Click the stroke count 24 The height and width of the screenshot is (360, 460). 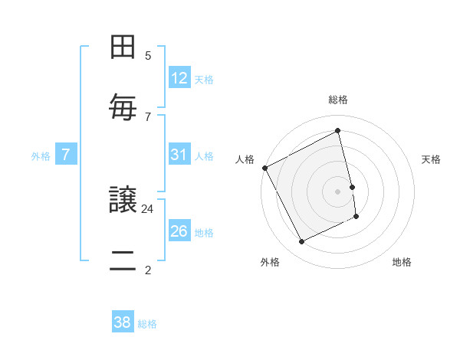[148, 208]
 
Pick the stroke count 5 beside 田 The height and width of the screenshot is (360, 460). [148, 55]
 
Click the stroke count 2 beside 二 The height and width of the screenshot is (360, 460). [148, 270]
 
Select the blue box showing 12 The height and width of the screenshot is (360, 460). [179, 78]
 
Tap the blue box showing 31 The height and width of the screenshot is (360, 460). [179, 155]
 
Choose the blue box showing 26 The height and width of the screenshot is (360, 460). [179, 231]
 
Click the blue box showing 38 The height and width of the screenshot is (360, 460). [123, 322]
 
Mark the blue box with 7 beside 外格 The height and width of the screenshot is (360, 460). [66, 155]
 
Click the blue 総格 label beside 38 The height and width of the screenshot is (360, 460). [147, 324]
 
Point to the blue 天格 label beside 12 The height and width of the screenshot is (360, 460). [204, 80]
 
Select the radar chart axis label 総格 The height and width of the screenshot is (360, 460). [338, 100]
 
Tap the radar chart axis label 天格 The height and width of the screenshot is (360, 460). [432, 159]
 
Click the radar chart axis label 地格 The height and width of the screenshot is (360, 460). [402, 262]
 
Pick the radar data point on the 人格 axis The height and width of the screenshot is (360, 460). [264, 168]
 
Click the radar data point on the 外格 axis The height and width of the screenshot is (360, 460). [301, 242]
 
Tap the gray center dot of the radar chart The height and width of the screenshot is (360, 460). [338, 191]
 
